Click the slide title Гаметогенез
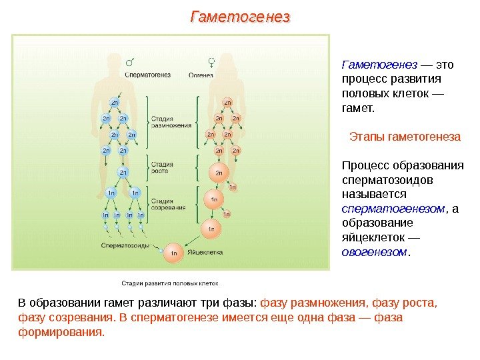point(241,16)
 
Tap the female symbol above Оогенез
point(211,63)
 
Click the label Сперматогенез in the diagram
point(147,75)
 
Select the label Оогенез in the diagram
point(201,75)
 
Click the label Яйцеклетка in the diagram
point(204,253)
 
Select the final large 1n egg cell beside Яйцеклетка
point(173,253)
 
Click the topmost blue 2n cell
point(115,103)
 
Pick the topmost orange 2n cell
point(227,103)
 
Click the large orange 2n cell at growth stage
point(217,173)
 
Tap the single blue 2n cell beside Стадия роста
point(123,173)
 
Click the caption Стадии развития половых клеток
point(169,282)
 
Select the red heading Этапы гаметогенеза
point(405,137)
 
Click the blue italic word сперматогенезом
point(393,209)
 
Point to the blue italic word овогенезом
point(374,252)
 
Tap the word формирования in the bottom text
point(61,331)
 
